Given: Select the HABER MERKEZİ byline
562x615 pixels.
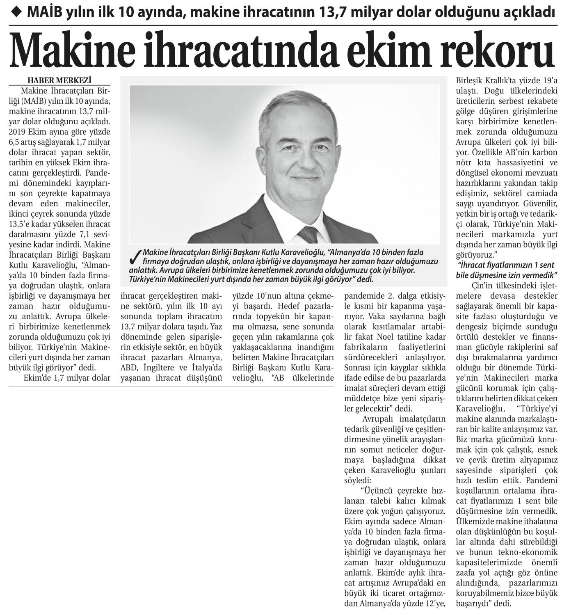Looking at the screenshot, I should (x=59, y=80).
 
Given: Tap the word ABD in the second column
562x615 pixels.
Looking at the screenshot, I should (x=128, y=367).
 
